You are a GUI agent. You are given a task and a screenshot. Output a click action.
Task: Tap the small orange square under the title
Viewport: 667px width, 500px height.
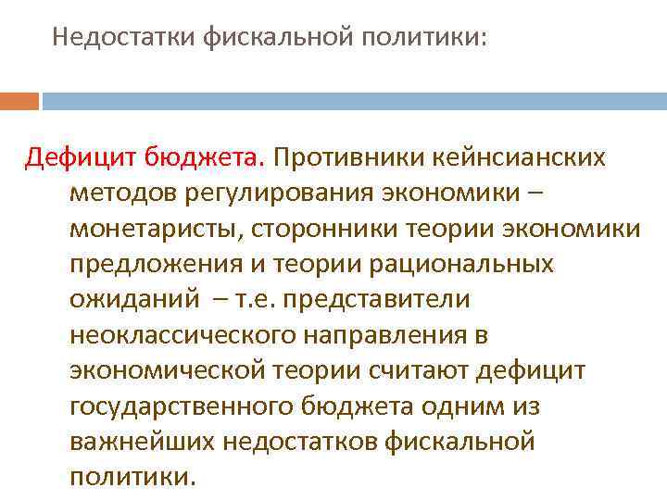19,101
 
